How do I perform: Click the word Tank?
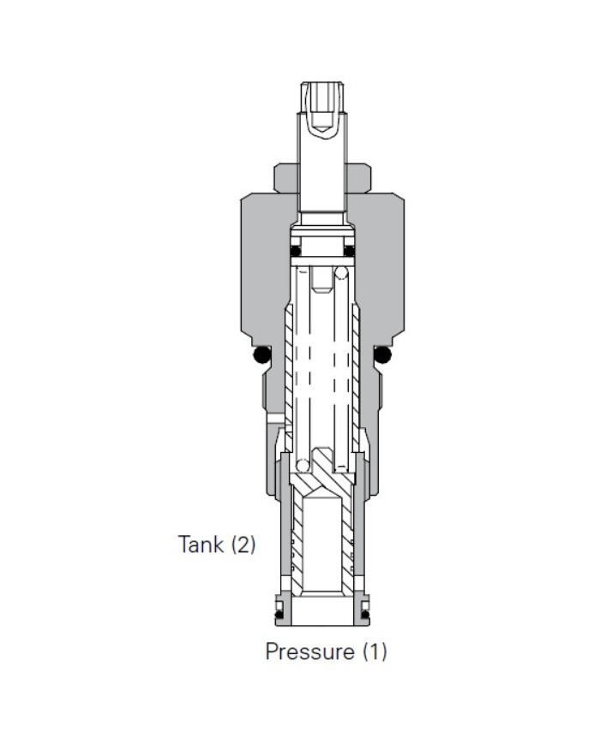point(200,544)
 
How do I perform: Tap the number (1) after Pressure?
point(373,652)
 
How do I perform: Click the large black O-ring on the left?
point(261,354)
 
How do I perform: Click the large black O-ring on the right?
point(382,354)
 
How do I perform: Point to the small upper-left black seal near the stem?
point(295,251)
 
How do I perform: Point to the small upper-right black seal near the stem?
point(349,251)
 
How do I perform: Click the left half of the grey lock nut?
point(285,178)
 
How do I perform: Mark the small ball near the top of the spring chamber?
point(341,274)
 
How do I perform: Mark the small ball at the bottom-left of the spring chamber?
point(302,465)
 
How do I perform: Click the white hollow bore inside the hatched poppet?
point(321,539)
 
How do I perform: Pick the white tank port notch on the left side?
point(274,419)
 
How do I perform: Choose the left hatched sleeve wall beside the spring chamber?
point(289,368)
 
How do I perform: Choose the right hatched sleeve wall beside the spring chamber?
point(355,368)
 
